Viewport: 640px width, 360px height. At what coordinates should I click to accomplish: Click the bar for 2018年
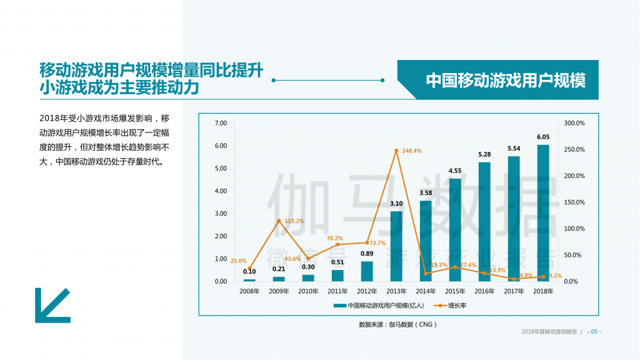[x=543, y=213]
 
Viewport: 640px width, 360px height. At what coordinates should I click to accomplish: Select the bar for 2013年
[x=396, y=246]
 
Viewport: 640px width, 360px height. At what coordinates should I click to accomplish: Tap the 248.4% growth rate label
[x=412, y=151]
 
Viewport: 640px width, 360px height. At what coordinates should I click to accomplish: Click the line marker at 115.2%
[x=279, y=221]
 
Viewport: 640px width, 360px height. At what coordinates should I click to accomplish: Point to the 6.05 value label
[x=543, y=137]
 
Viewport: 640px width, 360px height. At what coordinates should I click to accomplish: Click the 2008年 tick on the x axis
[x=249, y=291]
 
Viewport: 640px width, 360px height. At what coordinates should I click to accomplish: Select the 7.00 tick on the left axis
[x=220, y=123]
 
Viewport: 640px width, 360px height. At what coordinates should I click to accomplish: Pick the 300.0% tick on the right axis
[x=574, y=123]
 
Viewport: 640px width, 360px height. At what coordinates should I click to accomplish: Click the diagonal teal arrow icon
[x=52, y=305]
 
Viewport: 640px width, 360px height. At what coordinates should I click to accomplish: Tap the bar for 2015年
[x=455, y=230]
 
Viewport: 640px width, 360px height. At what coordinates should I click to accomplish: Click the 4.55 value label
[x=455, y=171]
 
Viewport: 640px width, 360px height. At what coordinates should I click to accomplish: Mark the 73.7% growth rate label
[x=377, y=242]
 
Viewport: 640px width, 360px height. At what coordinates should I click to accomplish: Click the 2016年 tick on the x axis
[x=484, y=291]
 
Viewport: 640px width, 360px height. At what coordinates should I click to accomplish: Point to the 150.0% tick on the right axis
[x=574, y=202]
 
